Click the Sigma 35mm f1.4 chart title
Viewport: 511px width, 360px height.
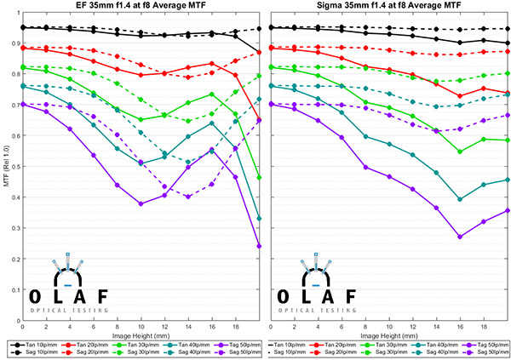pyautogui.click(x=390, y=9)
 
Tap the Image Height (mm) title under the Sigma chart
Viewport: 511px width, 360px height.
pyautogui.click(x=390, y=335)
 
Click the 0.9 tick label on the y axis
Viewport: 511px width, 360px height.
pyautogui.click(x=13, y=43)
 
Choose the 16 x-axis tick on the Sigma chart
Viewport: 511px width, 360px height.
pyautogui.click(x=460, y=326)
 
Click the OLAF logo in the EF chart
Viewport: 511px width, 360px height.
pyautogui.click(x=69, y=285)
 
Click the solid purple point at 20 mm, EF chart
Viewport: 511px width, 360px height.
pyautogui.click(x=259, y=246)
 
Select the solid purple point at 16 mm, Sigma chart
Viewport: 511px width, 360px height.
pyautogui.click(x=460, y=237)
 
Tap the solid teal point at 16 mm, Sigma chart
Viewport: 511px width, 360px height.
pyautogui.click(x=460, y=199)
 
